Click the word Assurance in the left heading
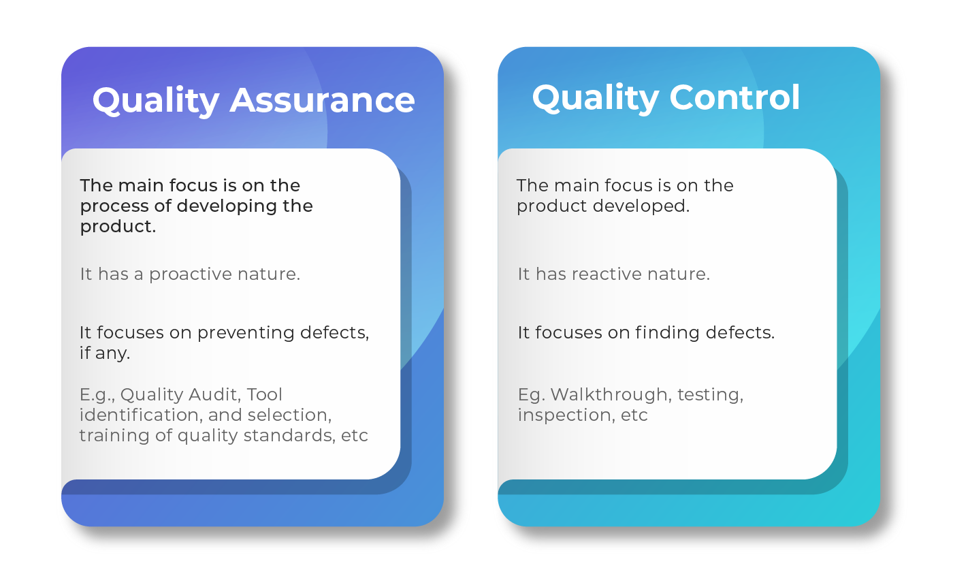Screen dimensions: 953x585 click(x=322, y=100)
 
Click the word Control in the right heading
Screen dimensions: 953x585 click(x=734, y=97)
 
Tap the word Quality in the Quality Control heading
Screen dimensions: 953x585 click(x=596, y=99)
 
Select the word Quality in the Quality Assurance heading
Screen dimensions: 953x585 click(x=156, y=101)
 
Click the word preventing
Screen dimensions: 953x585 click(x=246, y=334)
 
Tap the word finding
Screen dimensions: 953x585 click(x=667, y=334)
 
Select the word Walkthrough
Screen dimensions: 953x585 click(x=609, y=395)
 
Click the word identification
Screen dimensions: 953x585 click(x=139, y=415)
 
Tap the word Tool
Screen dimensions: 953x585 click(x=264, y=395)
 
